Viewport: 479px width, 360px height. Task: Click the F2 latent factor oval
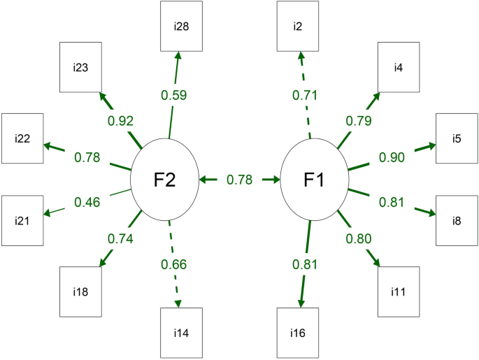(164, 180)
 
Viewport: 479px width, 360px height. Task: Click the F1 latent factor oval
(313, 180)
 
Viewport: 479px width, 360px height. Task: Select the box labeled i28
(180, 26)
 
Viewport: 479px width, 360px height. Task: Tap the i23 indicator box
(79, 68)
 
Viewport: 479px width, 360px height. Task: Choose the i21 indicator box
(22, 220)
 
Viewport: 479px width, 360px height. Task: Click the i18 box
(79, 291)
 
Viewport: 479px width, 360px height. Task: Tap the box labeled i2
(297, 26)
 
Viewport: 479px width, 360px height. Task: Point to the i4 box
(399, 68)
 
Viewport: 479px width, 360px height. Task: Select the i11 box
(399, 291)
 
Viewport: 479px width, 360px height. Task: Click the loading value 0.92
(120, 120)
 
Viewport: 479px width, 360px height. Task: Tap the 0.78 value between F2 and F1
(239, 180)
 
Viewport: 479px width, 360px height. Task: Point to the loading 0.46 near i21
(87, 203)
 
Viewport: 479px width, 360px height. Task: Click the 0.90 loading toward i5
(392, 157)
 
